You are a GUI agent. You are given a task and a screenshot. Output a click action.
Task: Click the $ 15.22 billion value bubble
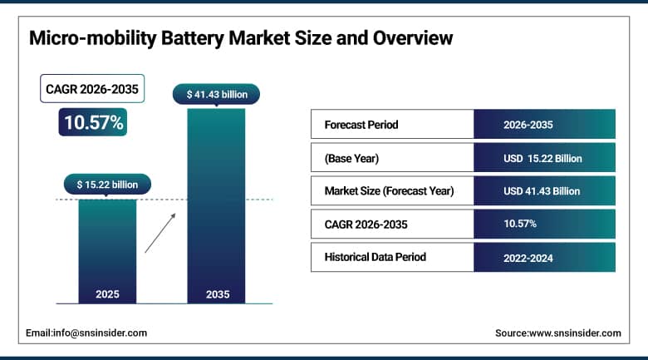click(107, 184)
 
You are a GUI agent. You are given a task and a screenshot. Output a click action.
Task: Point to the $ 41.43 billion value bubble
click(216, 95)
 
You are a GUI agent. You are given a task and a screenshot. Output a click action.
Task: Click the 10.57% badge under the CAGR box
click(91, 123)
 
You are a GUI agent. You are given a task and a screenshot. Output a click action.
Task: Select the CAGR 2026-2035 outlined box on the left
click(91, 89)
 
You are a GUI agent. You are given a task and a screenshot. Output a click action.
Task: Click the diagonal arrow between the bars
click(160, 233)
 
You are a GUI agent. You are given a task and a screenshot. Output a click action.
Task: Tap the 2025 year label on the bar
click(107, 294)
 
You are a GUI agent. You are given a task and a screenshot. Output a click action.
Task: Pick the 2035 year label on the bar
click(216, 294)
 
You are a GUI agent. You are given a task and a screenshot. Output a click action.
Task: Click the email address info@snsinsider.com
click(86, 333)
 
